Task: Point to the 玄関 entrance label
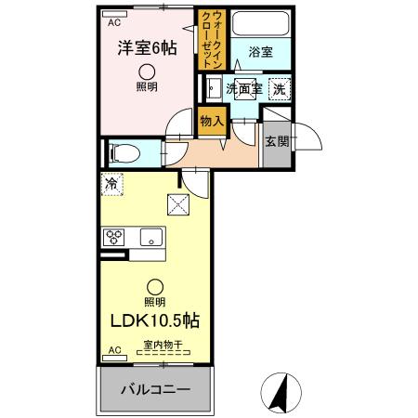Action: point(275,142)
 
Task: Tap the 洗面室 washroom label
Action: point(242,89)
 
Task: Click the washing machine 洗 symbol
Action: point(278,88)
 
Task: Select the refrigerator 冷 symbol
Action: point(111,183)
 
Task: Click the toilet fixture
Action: point(124,152)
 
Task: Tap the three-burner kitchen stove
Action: point(113,237)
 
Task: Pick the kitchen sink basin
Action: point(150,238)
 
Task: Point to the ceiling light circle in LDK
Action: point(155,287)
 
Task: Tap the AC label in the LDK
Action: point(115,350)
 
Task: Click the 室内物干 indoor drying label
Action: point(163,346)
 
